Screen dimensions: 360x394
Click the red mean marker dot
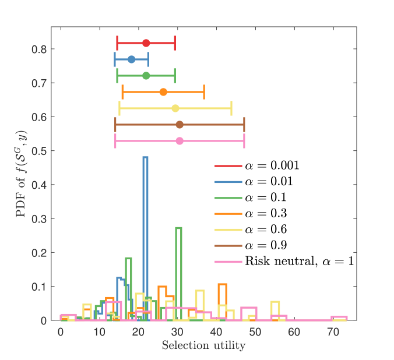146,43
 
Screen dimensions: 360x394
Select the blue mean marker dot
132,59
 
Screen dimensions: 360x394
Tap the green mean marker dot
146,76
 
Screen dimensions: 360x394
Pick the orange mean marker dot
163,92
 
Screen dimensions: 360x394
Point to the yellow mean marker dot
175,108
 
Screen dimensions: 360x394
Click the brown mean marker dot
180,125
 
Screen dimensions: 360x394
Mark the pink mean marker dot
180,141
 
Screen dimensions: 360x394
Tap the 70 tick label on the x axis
332,331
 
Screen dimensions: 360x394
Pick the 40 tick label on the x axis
216,331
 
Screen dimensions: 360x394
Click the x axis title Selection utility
203,345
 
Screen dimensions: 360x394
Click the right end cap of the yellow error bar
231,108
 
